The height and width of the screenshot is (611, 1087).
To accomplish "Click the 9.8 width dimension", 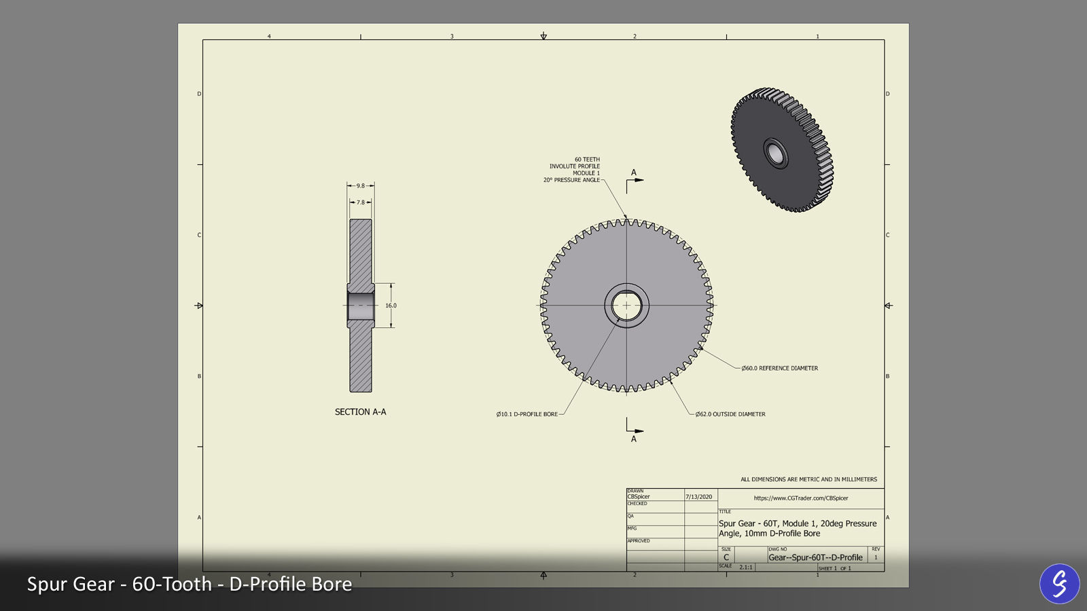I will (x=361, y=185).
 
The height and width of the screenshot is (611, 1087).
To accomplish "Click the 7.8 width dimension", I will (x=361, y=202).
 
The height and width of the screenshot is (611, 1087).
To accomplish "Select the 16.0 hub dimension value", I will (x=391, y=305).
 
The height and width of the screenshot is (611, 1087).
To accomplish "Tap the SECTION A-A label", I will (x=360, y=412).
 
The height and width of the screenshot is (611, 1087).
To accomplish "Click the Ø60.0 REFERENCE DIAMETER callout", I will (x=779, y=368).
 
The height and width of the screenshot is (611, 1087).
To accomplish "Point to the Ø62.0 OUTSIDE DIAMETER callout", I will (x=730, y=414).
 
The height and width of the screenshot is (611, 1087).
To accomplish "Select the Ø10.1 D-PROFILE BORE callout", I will (x=527, y=414).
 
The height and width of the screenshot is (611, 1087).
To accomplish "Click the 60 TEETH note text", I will (x=587, y=160).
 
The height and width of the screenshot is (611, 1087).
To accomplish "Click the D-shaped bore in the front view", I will (x=626, y=305).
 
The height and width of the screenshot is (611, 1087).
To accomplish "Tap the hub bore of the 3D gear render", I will (x=775, y=153).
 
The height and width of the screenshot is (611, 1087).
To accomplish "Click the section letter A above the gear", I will (x=634, y=172).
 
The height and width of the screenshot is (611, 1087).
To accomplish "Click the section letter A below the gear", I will (x=634, y=439).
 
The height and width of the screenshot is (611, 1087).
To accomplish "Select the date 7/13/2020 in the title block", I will (x=698, y=497).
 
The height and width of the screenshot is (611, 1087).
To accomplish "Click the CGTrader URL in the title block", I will (x=801, y=498).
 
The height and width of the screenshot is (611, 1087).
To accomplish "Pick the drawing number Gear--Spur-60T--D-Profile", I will (x=815, y=557).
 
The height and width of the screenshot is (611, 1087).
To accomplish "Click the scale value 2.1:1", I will (x=746, y=567).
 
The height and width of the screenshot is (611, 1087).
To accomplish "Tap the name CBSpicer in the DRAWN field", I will (x=639, y=497).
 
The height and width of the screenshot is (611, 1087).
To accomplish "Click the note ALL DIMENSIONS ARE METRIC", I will (x=808, y=479).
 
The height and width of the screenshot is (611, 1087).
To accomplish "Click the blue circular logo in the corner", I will (x=1059, y=583).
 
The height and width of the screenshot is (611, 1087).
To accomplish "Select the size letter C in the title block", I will (x=726, y=557).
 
